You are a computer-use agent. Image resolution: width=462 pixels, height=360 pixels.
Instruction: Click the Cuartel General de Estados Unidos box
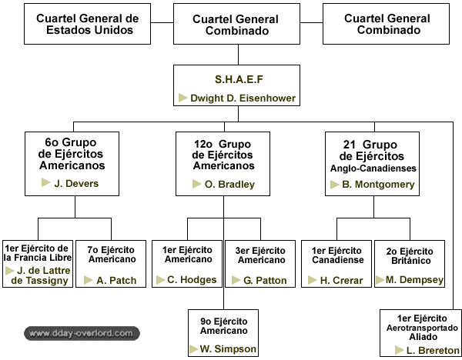pos(87,24)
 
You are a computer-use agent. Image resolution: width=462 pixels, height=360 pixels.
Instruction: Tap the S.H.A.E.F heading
pos(239,79)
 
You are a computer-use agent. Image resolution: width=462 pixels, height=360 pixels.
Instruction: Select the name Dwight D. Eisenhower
pos(243,98)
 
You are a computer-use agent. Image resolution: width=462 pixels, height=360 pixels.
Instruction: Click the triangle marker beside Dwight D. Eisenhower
pos(182,98)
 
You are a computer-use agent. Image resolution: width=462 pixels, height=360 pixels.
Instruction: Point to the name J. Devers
pos(76,183)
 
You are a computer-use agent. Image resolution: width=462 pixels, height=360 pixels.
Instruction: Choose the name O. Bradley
pos(229,185)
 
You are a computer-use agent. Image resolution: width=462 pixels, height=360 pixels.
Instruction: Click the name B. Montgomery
pos(378,185)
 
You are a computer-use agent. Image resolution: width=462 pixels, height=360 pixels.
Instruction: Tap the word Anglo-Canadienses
pos(373,168)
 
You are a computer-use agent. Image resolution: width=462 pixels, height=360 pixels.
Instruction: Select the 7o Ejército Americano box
pos(111,264)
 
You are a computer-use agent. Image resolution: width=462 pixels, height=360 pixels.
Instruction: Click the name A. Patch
pos(116,280)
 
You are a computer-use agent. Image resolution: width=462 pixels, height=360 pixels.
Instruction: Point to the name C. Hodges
pos(192,280)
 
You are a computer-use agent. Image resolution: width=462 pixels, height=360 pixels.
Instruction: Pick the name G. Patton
pos(265,280)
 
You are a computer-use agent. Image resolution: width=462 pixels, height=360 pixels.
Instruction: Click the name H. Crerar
pos(341,280)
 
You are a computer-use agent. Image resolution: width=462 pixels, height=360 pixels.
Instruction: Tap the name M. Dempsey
pos(414,280)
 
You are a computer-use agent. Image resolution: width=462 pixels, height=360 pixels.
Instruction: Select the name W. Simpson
pos(228,348)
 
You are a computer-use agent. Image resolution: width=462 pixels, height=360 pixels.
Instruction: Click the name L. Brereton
pos(433,350)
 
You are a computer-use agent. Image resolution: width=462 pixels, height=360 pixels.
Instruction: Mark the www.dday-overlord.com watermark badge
pos(82,334)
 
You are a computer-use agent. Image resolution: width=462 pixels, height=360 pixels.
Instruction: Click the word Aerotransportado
pos(422,328)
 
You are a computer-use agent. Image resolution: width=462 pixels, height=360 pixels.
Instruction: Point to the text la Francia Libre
pos(38,258)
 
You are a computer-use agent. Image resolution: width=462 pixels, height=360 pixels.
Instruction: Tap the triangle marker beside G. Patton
pos(236,280)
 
